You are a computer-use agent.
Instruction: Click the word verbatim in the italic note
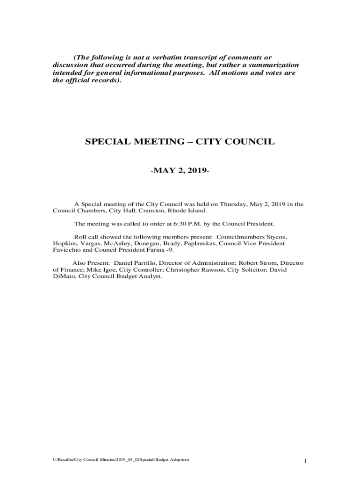150,57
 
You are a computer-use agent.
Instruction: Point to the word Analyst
150,276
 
